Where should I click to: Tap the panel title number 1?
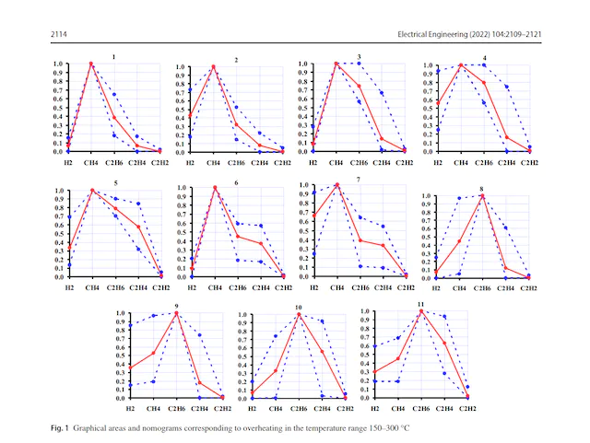coord(113,57)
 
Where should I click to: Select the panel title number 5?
coord(115,183)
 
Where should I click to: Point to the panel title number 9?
coord(175,306)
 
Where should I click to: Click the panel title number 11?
coord(420,304)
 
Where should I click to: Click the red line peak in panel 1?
coord(91,64)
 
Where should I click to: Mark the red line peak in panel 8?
coord(481,195)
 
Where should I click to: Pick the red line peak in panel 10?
coord(299,314)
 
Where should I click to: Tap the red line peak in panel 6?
coord(216,188)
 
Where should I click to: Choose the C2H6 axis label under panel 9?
coord(176,410)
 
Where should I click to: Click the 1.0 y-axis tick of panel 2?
coord(181,67)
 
